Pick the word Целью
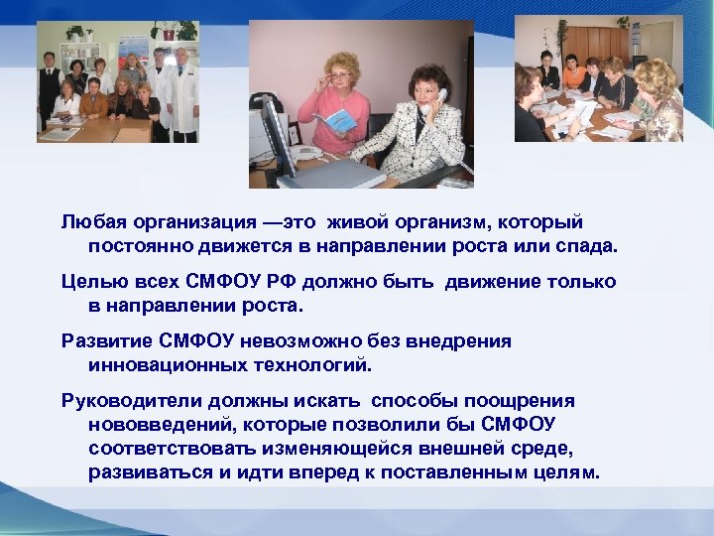(88, 281)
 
